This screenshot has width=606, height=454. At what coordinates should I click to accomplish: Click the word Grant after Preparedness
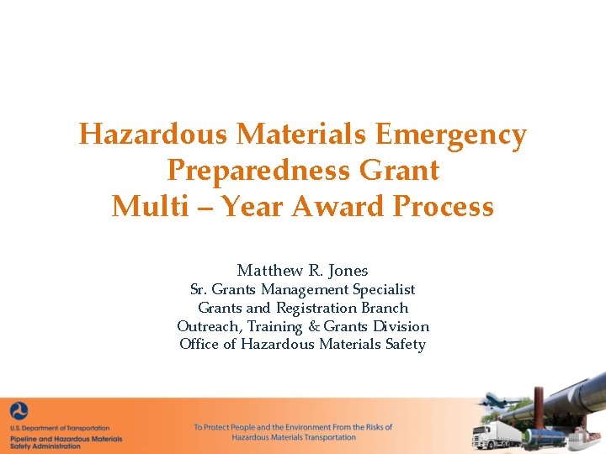pyautogui.click(x=400, y=171)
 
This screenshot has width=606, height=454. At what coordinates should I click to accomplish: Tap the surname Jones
pyautogui.click(x=348, y=270)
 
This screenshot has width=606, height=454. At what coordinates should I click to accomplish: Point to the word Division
pyautogui.click(x=400, y=326)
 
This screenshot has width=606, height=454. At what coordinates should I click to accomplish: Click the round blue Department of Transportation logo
pyautogui.click(x=19, y=411)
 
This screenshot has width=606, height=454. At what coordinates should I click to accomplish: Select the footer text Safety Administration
pyautogui.click(x=43, y=446)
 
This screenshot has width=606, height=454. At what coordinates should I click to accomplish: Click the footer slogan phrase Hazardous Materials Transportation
pyautogui.click(x=294, y=437)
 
